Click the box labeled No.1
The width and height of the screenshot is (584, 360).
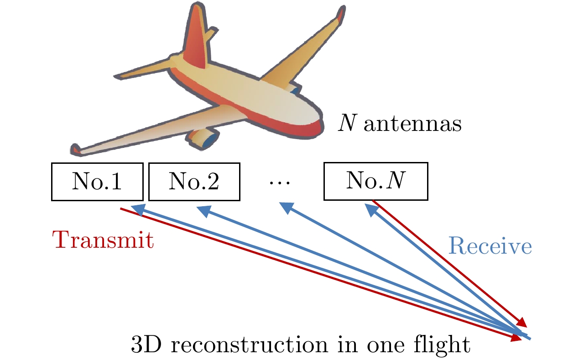tap(96, 182)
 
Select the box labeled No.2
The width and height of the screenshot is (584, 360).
tap(194, 182)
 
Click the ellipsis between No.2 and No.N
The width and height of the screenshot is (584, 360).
tap(279, 183)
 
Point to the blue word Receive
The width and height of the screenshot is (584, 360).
tap(490, 247)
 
